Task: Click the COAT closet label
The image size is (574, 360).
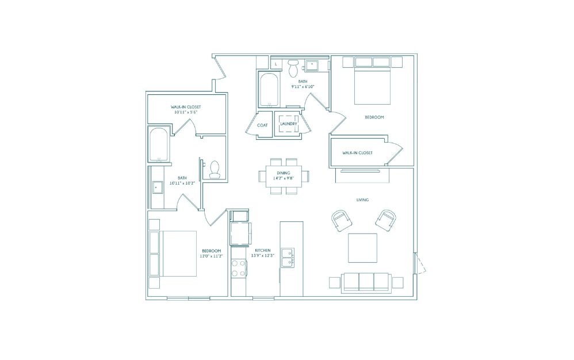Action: coord(262,125)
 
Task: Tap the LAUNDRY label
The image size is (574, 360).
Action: coord(288,124)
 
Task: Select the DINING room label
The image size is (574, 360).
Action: coord(284,173)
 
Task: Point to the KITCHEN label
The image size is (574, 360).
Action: coord(263,251)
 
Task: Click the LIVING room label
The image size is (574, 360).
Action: coord(362,200)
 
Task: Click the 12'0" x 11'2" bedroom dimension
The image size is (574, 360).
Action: coord(212,256)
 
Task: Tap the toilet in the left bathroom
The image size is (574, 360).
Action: coord(215,168)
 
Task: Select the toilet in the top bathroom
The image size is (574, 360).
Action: coord(293,67)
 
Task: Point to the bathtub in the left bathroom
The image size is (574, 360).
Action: coord(159,144)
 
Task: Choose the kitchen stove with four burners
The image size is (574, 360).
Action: coord(239,268)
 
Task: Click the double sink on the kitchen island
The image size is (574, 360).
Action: coord(288,258)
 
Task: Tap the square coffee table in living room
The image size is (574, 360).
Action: coord(362,248)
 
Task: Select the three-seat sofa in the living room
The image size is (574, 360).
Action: coord(366,282)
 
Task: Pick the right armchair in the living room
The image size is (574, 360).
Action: coord(385,220)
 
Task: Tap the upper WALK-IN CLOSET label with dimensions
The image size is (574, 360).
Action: coord(186,109)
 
